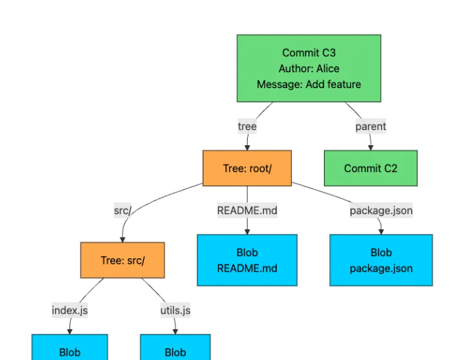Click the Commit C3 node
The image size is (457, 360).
pyautogui.click(x=308, y=68)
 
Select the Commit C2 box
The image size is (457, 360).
pyautogui.click(x=370, y=168)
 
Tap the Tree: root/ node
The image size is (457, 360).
pyautogui.click(x=247, y=168)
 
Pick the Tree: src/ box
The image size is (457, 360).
pyautogui.click(x=123, y=260)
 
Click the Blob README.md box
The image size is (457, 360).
pyautogui.click(x=247, y=260)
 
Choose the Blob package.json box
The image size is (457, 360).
pyautogui.click(x=381, y=260)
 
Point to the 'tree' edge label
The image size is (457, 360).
pyautogui.click(x=247, y=126)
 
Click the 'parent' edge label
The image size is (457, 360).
pyautogui.click(x=370, y=126)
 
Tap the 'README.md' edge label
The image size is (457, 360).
pyautogui.click(x=247, y=211)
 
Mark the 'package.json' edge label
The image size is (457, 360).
pyautogui.click(x=381, y=211)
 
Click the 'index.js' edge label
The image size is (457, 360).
pyautogui.click(x=70, y=310)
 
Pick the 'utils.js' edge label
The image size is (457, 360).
pyautogui.click(x=176, y=310)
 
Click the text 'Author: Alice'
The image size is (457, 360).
pyautogui.click(x=308, y=68)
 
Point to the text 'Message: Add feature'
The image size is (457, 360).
pyautogui.click(x=308, y=84)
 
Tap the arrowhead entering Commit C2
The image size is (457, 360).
pyautogui.click(x=370, y=147)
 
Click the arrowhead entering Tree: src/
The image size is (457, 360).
pyautogui.click(x=123, y=238)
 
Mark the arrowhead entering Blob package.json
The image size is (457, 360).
pyautogui.click(x=381, y=231)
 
